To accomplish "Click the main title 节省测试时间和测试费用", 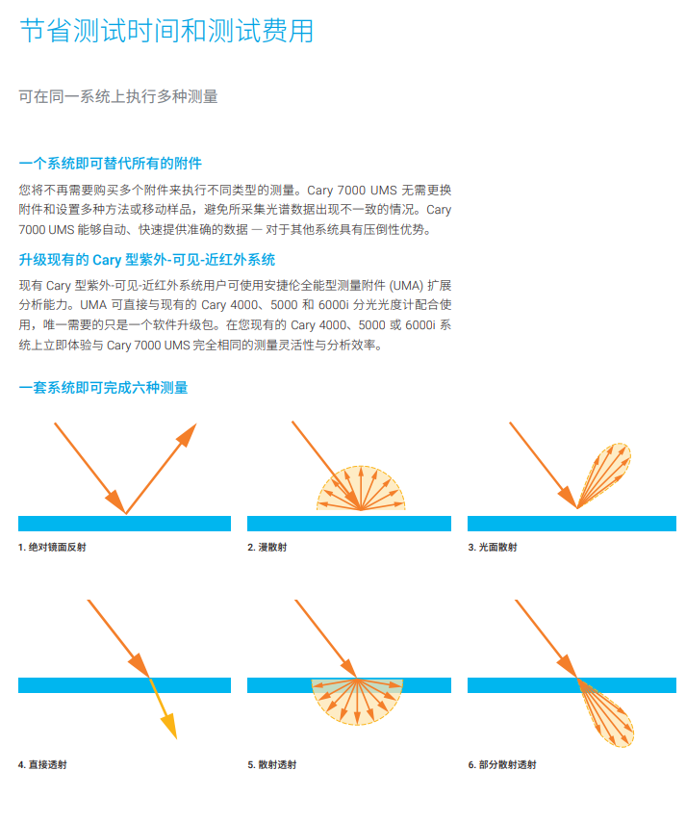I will click(x=166, y=31).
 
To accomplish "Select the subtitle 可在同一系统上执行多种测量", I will click(x=118, y=96).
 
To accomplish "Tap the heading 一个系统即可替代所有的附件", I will click(x=111, y=163).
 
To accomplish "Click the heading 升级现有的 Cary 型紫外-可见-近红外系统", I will click(x=147, y=259).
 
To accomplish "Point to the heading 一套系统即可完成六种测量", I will click(x=104, y=387).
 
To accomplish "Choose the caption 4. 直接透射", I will click(x=42, y=764).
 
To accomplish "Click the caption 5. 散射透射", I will click(x=272, y=764).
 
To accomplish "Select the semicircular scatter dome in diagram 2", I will click(x=362, y=488).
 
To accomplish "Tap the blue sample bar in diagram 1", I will click(x=124, y=524).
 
